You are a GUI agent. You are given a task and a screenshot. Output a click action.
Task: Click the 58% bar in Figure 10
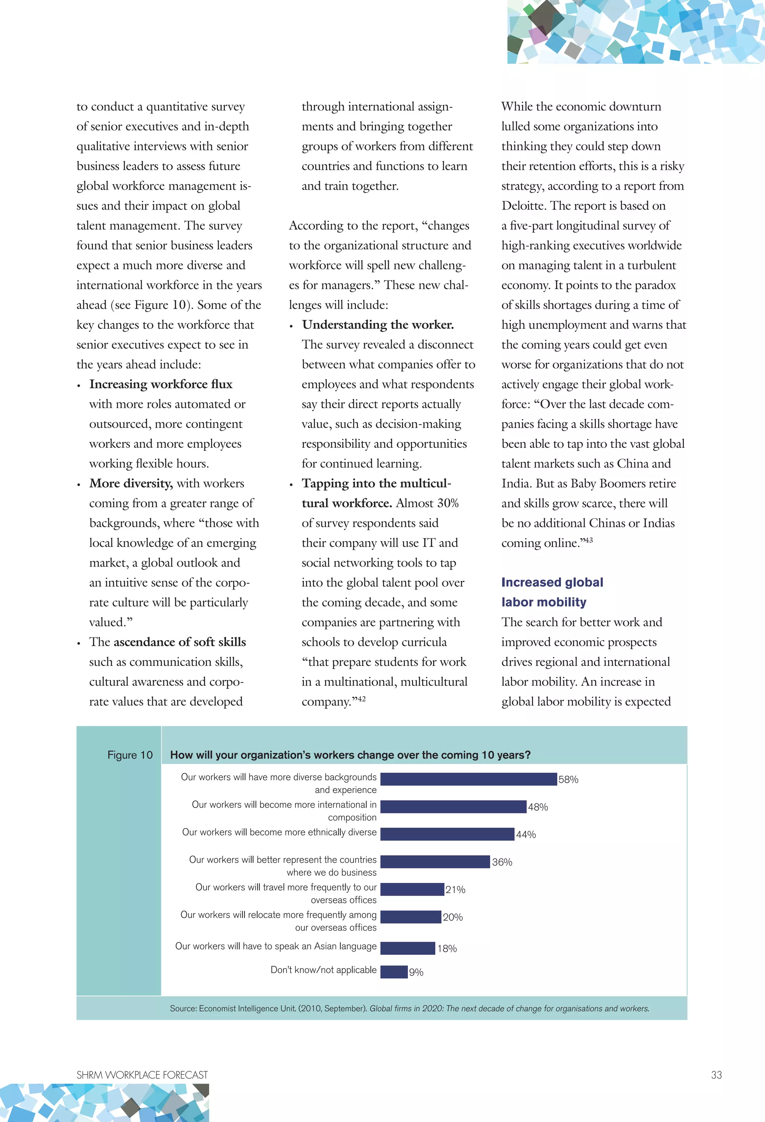pyautogui.click(x=468, y=779)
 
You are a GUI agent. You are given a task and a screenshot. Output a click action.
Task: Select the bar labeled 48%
pyautogui.click(x=453, y=806)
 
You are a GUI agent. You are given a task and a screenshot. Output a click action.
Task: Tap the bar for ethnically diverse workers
pyautogui.click(x=447, y=834)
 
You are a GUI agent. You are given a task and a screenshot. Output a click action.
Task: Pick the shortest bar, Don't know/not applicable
pyautogui.click(x=394, y=971)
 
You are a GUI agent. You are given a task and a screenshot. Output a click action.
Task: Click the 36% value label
pyautogui.click(x=502, y=862)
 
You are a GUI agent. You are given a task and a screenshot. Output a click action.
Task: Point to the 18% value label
pyautogui.click(x=447, y=948)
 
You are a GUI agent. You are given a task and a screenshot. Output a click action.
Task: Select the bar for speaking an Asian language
pyautogui.click(x=408, y=948)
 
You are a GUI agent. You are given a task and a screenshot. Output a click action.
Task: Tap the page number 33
pyautogui.click(x=716, y=1075)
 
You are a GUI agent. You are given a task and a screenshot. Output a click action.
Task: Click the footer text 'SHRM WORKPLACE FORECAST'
pyautogui.click(x=142, y=1075)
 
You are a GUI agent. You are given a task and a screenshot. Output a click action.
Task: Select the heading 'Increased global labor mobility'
pyautogui.click(x=552, y=592)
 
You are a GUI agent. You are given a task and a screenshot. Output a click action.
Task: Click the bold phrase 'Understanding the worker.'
pyautogui.click(x=378, y=325)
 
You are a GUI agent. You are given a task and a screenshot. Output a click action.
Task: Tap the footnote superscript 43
pyautogui.click(x=588, y=540)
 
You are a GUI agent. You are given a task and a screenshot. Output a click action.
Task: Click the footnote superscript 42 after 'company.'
pyautogui.click(x=361, y=698)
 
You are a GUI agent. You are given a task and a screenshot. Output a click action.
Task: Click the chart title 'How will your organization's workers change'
pyautogui.click(x=350, y=754)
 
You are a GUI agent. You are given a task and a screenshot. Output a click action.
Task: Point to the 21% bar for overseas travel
pyautogui.click(x=412, y=889)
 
